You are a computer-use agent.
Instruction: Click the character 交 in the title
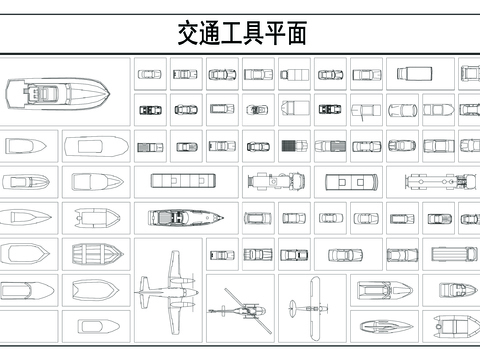(x=188, y=33)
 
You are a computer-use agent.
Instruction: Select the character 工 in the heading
(x=232, y=33)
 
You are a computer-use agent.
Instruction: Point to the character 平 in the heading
(x=275, y=33)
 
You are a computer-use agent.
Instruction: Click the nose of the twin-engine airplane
(x=196, y=293)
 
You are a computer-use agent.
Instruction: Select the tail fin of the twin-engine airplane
(x=144, y=292)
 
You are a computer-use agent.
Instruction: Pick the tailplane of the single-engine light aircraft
(x=293, y=308)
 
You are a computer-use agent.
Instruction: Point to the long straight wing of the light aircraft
(x=315, y=309)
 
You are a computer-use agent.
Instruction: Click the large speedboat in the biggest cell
(x=58, y=93)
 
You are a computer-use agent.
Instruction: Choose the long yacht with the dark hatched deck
(x=186, y=218)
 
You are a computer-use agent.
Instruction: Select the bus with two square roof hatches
(x=352, y=182)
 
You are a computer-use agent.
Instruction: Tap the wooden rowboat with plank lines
(x=98, y=254)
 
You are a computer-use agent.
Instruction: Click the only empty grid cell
(x=29, y=327)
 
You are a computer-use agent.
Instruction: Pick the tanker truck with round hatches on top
(x=441, y=182)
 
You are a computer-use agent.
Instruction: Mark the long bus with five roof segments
(x=183, y=181)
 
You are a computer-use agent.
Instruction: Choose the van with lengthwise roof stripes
(x=454, y=254)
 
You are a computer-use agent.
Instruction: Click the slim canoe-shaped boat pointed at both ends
(x=386, y=326)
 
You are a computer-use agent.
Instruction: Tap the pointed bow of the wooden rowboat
(x=122, y=254)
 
